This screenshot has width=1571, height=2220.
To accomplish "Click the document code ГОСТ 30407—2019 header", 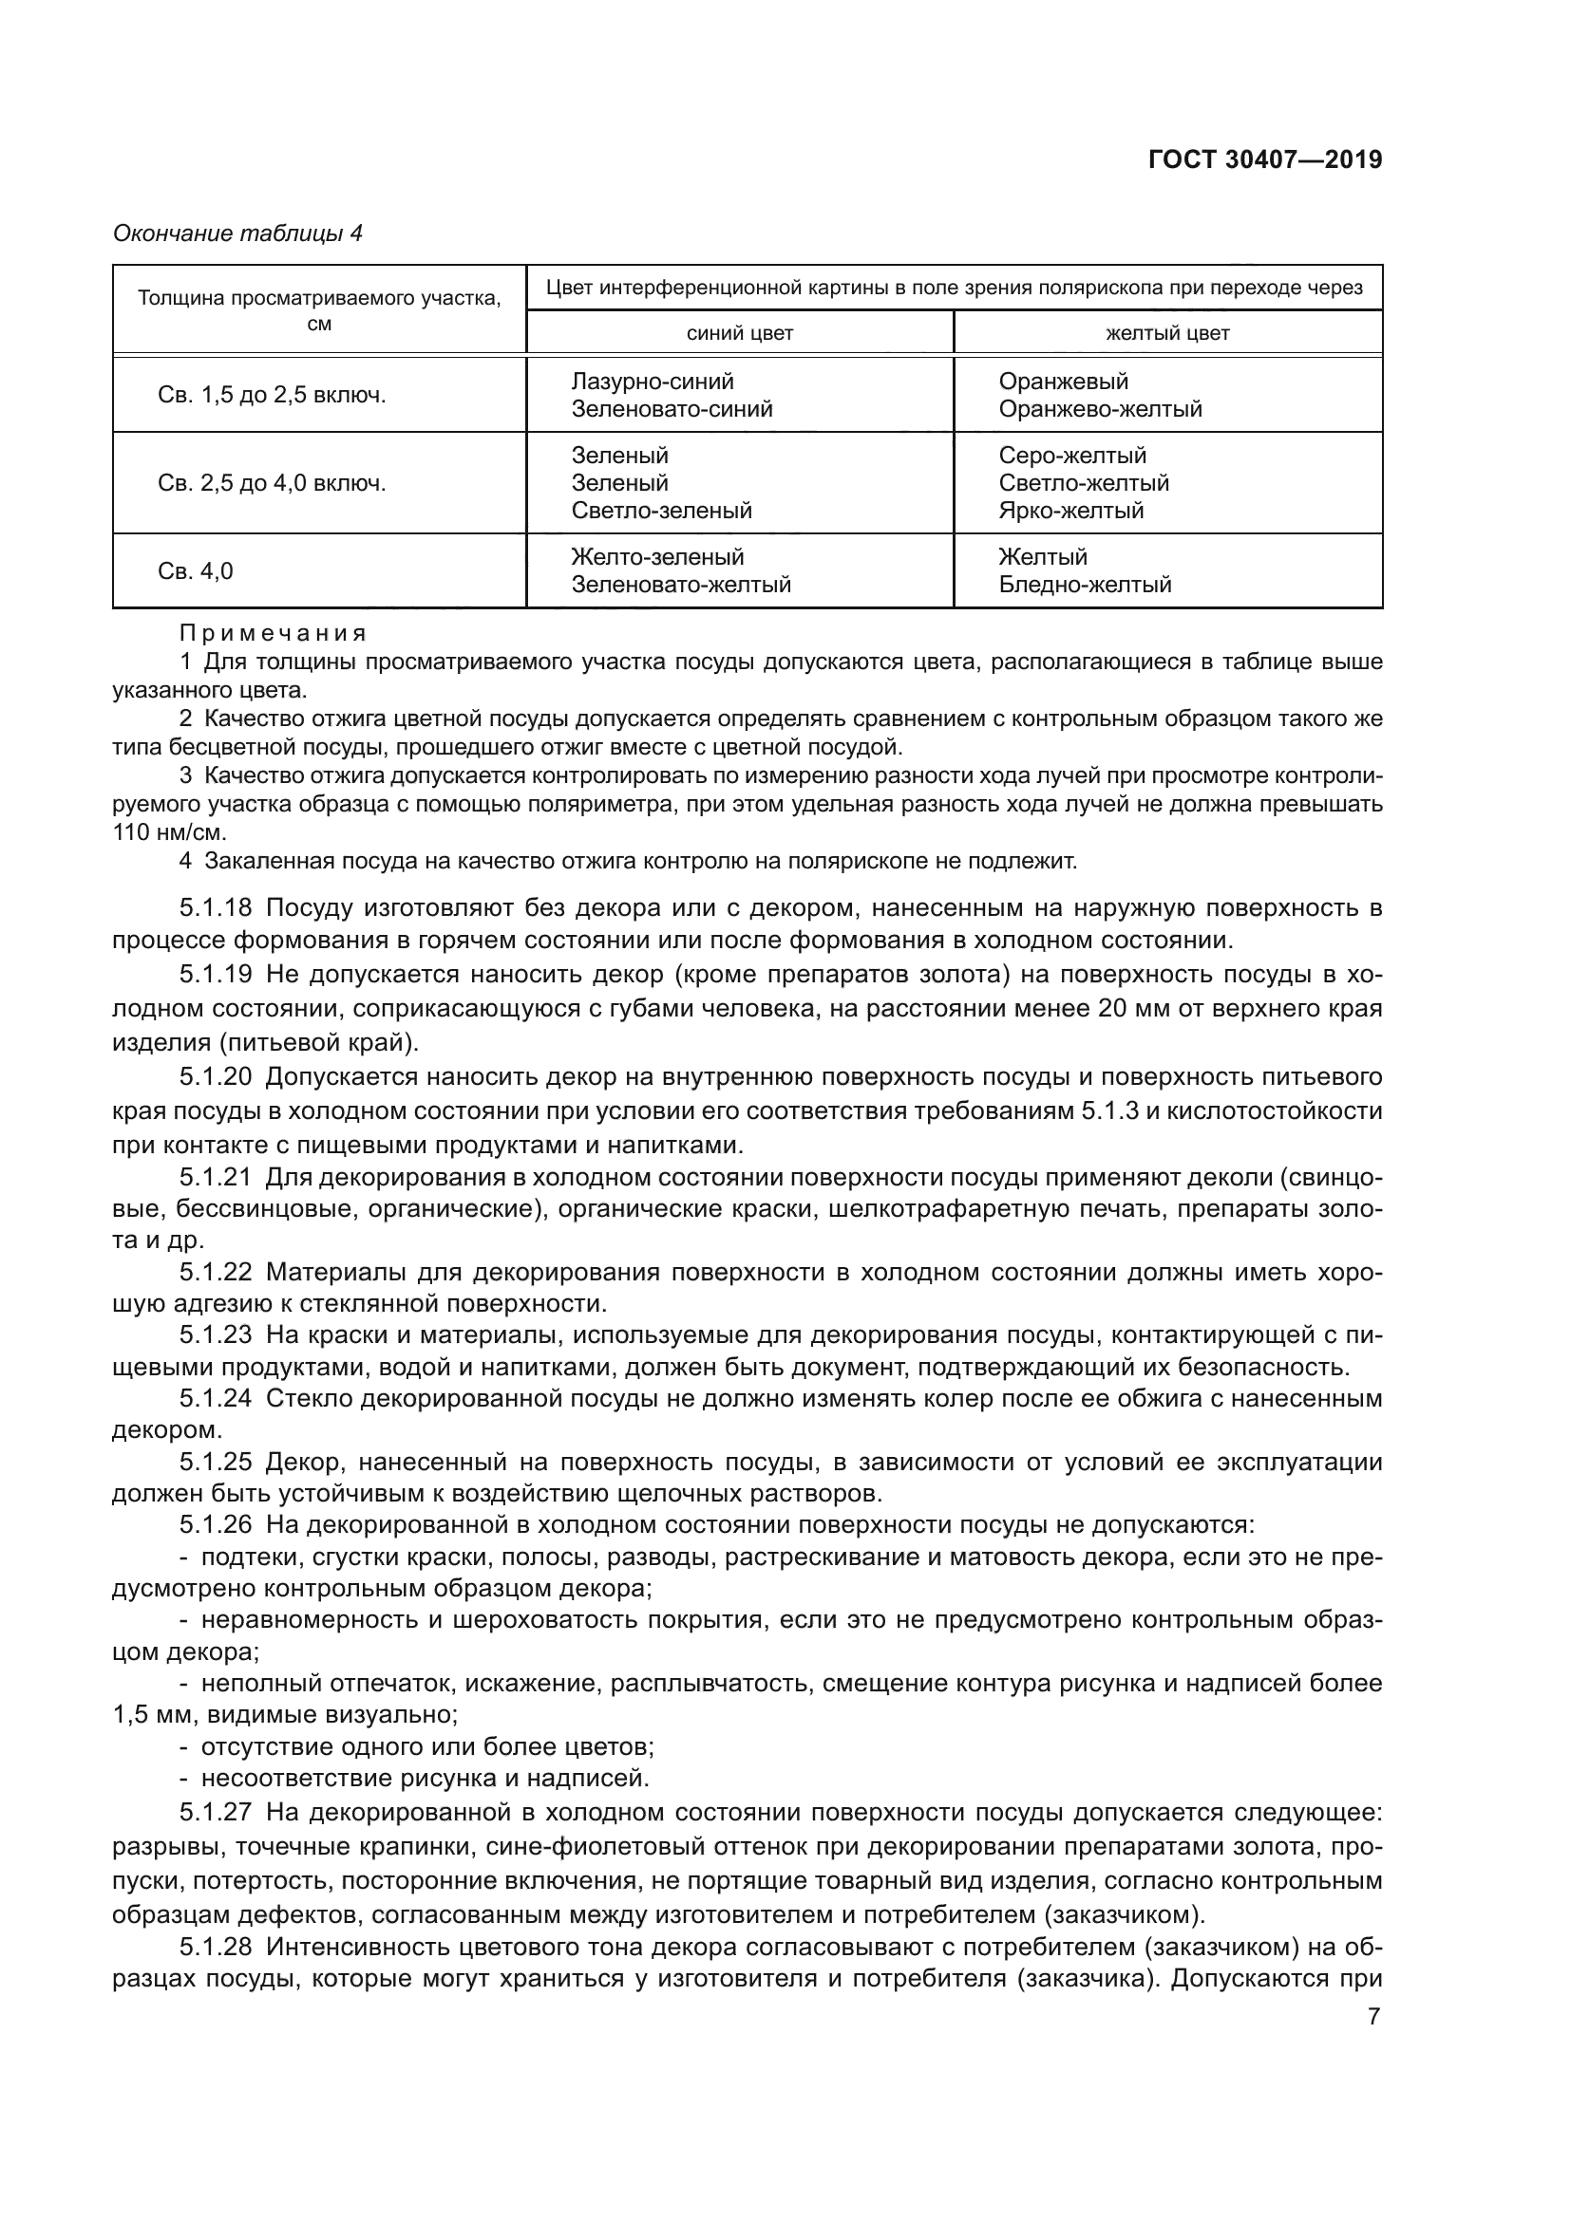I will [1264, 159].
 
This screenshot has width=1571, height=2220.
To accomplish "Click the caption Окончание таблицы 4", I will [237, 233].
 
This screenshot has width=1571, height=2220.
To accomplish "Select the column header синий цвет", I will [739, 333].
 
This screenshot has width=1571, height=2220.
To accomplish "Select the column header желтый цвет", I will [1166, 333].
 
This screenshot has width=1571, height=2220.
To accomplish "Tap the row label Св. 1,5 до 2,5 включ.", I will [272, 396].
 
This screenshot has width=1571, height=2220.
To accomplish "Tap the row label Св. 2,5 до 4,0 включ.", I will [272, 483].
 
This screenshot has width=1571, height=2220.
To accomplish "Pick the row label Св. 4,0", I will [196, 571].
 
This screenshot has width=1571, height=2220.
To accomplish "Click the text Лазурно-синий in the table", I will [652, 382].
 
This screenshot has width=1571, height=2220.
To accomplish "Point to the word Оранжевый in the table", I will [1063, 382].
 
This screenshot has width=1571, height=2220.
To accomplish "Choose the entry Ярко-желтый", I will [1070, 511].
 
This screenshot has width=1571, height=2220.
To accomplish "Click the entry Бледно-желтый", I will [1085, 585].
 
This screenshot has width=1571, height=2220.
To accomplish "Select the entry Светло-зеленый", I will [661, 511].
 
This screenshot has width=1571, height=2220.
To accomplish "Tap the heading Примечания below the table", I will [273, 634].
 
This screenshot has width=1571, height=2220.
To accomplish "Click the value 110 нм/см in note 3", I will [167, 832].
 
